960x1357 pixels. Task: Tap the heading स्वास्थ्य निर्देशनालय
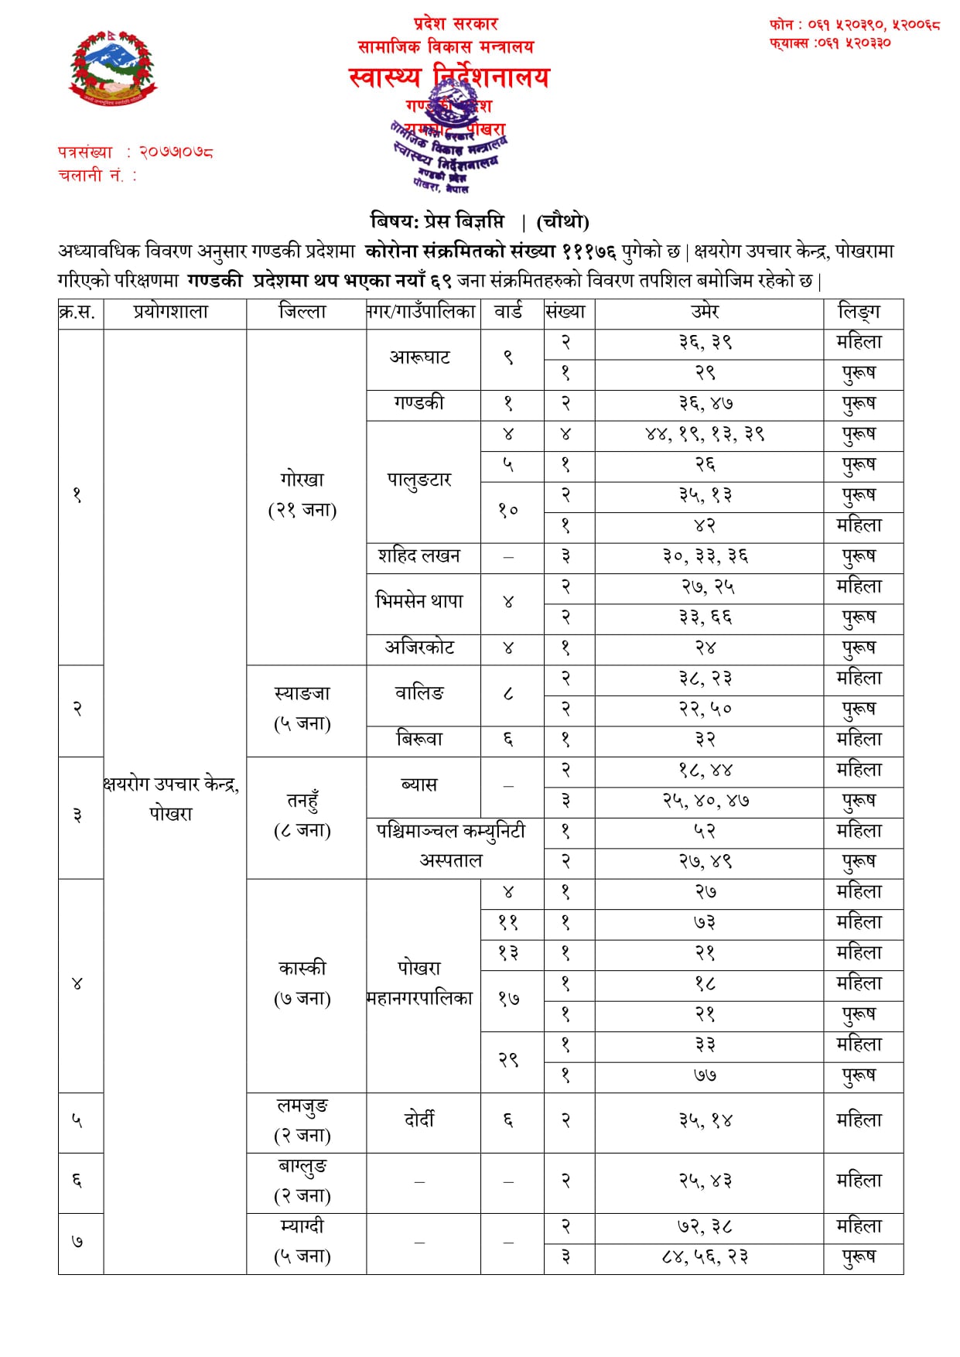tap(449, 77)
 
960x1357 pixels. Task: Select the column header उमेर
tap(705, 312)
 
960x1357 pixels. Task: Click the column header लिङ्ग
tap(860, 312)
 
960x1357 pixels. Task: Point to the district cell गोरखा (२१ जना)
tap(302, 495)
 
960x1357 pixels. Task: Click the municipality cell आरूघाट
tap(420, 357)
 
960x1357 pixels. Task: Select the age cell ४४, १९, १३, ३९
tap(705, 434)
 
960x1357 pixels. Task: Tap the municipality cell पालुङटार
tap(420, 480)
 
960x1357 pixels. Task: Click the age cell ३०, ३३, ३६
tap(705, 556)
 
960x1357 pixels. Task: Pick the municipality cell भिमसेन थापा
tap(420, 602)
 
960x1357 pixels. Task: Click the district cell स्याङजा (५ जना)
tap(302, 709)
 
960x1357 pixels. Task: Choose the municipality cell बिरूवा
tap(420, 740)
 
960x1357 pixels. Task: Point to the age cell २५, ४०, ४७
tap(705, 801)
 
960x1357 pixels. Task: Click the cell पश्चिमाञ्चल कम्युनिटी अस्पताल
tap(452, 846)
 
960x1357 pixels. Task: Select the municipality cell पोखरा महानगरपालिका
tap(420, 983)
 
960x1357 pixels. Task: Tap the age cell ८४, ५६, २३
tap(705, 1257)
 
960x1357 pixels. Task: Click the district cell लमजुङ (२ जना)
tap(302, 1120)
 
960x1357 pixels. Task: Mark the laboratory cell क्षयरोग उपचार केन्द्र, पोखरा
tap(172, 799)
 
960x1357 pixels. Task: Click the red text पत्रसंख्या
tap(85, 152)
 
